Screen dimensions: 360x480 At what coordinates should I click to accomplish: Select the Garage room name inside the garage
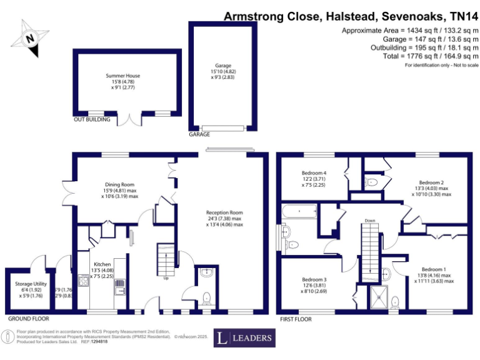(223, 65)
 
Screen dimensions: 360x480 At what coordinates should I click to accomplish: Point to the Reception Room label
(225, 212)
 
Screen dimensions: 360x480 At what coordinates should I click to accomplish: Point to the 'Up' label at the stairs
(166, 278)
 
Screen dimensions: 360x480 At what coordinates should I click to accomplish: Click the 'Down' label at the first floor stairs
(370, 220)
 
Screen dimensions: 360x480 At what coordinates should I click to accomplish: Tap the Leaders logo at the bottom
(244, 338)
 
